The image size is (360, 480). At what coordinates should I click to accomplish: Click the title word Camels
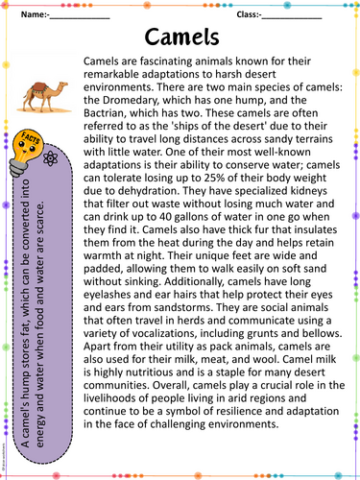(x=180, y=36)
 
